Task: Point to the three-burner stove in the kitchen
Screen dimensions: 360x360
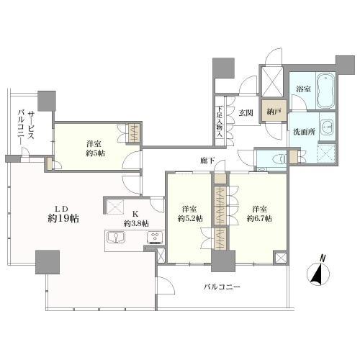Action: point(153,238)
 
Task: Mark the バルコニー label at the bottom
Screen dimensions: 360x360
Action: point(221,287)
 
